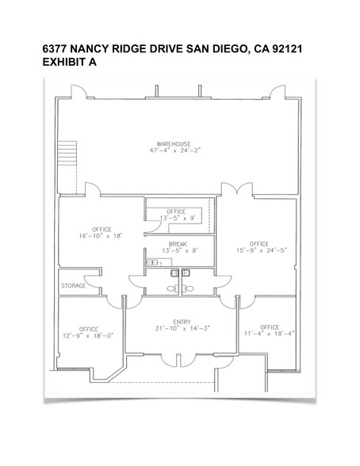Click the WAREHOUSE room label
pos(174,144)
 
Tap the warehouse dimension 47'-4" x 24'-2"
pos(175,151)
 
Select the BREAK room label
pos(178,244)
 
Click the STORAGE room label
pos(74,285)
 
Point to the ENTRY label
pos(182,322)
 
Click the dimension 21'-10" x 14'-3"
pos(182,328)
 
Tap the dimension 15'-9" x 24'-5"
pos(262,250)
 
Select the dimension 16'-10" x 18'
pos(101,236)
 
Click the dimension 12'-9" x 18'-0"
pos(88,336)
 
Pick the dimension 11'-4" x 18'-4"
pos(269,334)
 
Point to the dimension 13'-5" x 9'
pos(178,218)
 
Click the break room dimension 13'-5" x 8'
pos(179,250)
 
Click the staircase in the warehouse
pos(67,153)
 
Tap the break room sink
pos(152,263)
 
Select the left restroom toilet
pos(172,288)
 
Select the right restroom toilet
pos(188,288)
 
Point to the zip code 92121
pos(287,49)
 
